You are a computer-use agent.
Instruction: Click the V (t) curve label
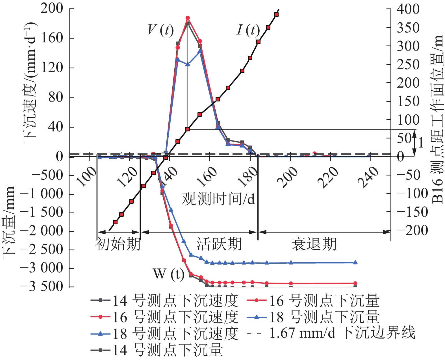(160, 30)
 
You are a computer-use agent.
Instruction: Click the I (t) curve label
(248, 30)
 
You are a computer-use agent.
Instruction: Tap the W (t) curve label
(168, 274)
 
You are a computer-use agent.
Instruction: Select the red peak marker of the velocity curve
(188, 18)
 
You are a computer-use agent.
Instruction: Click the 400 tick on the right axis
(408, 9)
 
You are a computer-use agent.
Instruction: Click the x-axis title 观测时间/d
(218, 199)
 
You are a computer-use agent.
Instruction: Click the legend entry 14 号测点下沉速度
(164, 301)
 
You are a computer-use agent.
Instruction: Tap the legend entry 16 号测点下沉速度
(164, 317)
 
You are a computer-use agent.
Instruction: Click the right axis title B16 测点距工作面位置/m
(438, 119)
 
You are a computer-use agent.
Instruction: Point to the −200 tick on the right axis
(412, 231)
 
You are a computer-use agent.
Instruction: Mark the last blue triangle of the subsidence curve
(355, 263)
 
